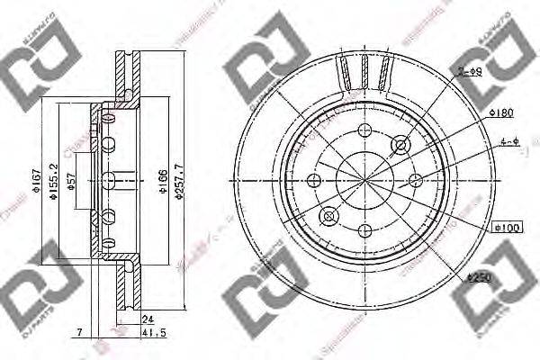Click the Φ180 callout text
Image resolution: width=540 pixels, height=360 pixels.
(500, 112)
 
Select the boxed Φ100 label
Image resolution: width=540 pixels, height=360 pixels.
(507, 229)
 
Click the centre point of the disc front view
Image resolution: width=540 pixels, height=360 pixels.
(364, 179)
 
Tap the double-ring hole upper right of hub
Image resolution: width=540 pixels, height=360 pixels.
(400, 144)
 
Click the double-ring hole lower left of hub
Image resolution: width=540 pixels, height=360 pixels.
(329, 215)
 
